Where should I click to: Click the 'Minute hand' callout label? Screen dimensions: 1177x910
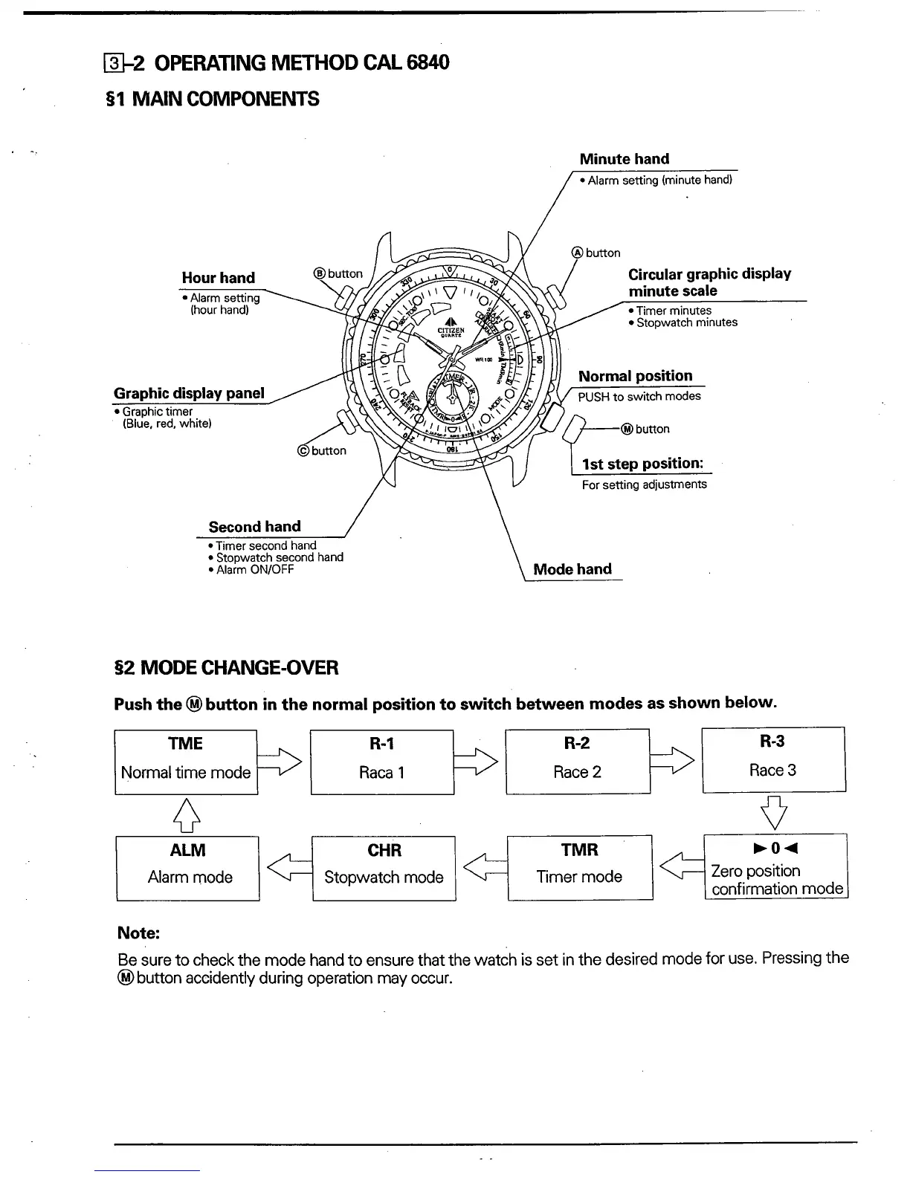tap(624, 159)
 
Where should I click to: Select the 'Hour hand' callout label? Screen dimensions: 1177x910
tap(218, 278)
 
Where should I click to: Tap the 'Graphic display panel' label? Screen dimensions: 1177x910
tap(189, 393)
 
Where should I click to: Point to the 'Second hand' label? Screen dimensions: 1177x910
tap(254, 527)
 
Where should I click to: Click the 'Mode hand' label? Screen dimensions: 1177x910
tap(572, 569)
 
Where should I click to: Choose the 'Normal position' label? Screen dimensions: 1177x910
tap(635, 376)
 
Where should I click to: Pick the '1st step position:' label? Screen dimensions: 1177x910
tap(642, 464)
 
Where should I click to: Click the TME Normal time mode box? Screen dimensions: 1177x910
tap(186, 762)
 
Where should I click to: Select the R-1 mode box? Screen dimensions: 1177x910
tap(381, 762)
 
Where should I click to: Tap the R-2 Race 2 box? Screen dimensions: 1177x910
tap(578, 762)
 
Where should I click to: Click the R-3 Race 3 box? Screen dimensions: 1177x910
tap(773, 759)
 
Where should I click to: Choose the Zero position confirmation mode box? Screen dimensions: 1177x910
tap(775, 867)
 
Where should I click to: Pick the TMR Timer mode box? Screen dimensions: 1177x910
tap(580, 868)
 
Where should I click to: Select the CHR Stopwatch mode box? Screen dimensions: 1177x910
tap(384, 868)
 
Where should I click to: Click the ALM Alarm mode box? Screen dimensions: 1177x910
tap(188, 868)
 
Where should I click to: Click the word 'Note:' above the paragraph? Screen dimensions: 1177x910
tap(139, 933)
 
